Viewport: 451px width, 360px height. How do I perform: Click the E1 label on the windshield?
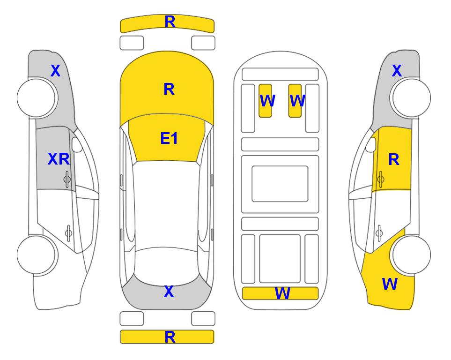(169, 138)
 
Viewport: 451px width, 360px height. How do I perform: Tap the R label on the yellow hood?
(169, 89)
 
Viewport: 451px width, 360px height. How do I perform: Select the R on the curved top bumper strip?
(170, 22)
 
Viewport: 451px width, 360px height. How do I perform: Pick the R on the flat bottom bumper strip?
(170, 337)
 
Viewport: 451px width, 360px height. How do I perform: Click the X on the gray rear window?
(169, 292)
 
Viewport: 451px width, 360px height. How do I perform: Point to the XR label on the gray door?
(59, 159)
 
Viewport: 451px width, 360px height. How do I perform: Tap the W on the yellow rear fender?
(390, 284)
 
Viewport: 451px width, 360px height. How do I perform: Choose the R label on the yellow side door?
(394, 159)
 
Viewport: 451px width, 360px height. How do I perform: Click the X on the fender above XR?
(56, 71)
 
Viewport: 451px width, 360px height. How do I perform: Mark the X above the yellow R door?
(397, 71)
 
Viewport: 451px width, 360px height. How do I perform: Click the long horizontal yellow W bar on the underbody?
(280, 293)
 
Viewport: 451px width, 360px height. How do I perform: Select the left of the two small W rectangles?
(265, 100)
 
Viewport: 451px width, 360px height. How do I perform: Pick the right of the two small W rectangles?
(295, 100)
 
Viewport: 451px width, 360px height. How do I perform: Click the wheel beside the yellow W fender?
(412, 255)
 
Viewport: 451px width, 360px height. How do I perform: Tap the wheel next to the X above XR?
(36, 98)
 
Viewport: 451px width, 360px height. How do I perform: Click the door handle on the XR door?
(67, 179)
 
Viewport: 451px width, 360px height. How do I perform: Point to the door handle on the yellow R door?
(381, 179)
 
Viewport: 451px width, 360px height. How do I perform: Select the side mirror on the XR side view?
(77, 144)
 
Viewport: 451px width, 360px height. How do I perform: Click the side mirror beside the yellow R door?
(371, 144)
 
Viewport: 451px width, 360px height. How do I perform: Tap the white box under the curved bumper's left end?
(132, 43)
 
